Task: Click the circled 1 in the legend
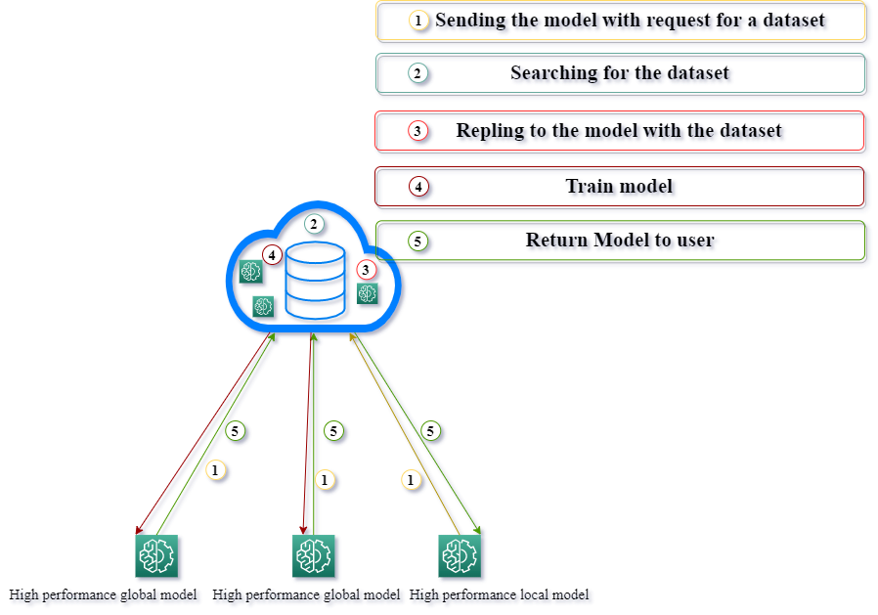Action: tap(418, 21)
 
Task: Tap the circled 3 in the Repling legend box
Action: tap(417, 131)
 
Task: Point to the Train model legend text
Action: tap(619, 186)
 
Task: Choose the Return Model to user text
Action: tap(620, 241)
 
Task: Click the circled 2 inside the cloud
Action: tap(313, 224)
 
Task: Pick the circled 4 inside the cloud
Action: tap(272, 254)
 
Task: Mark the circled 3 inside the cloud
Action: tap(366, 269)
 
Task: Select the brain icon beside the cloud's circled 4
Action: tap(251, 272)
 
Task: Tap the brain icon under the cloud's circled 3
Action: tap(368, 293)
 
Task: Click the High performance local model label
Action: tap(499, 594)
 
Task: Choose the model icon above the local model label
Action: tap(459, 556)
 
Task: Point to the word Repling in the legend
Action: tap(490, 131)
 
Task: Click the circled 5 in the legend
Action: tap(417, 241)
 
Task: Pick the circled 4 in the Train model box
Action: tap(417, 186)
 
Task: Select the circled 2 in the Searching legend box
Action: tap(417, 73)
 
